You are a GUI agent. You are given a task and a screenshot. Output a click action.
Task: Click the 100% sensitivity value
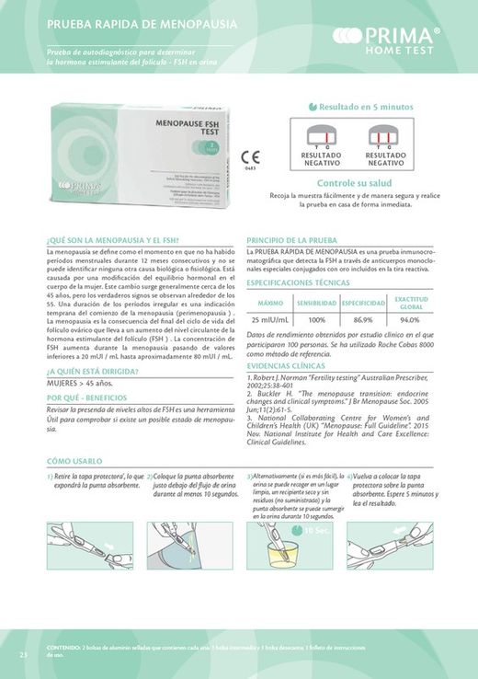pos(317,318)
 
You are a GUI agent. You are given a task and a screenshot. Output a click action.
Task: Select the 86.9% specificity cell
pos(362,318)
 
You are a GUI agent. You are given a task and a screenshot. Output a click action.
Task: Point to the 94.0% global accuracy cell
pos(409,318)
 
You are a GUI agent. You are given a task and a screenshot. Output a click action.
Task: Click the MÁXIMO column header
pos(270,302)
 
